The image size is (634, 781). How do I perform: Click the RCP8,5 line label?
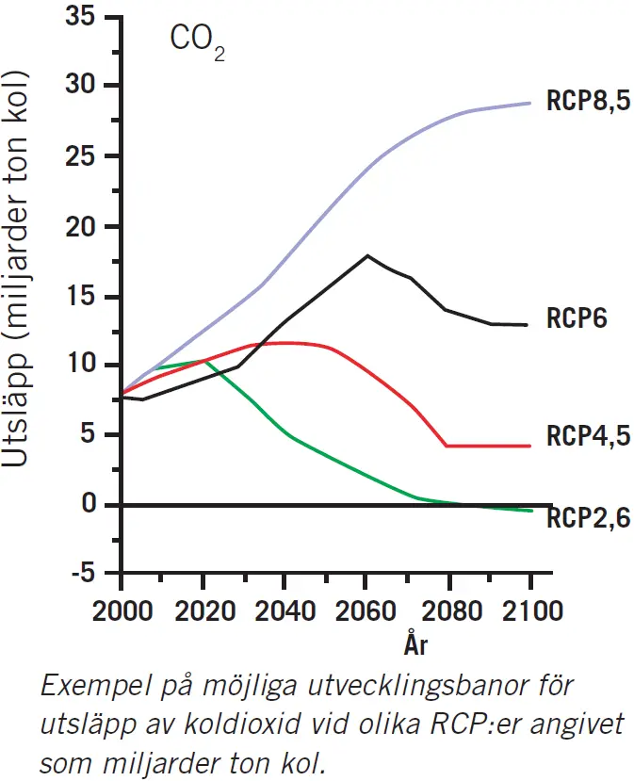pyautogui.click(x=588, y=102)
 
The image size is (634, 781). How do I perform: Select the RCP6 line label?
pyautogui.click(x=577, y=317)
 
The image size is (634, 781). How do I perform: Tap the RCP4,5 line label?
pyautogui.click(x=588, y=436)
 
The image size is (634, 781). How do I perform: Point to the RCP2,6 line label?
pyautogui.click(x=588, y=517)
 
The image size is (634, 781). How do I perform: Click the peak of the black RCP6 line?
pyautogui.click(x=366, y=255)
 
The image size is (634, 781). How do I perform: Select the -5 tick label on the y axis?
pyautogui.click(x=86, y=574)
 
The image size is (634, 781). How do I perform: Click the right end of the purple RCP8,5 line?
pyautogui.click(x=530, y=103)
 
